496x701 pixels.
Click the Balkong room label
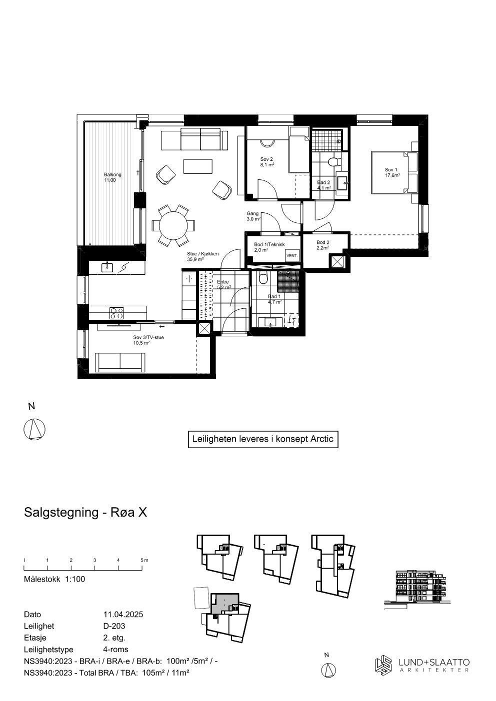[109, 177]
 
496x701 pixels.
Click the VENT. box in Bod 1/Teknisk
[291, 255]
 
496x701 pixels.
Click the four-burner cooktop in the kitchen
[117, 313]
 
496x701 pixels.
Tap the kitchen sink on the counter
[107, 267]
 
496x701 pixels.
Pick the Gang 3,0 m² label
[253, 216]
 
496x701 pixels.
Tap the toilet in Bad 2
[332, 162]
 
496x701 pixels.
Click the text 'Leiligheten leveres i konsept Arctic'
[262, 439]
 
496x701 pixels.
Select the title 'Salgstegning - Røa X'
[85, 512]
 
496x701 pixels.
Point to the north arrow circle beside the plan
[35, 429]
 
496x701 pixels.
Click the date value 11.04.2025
[123, 615]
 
